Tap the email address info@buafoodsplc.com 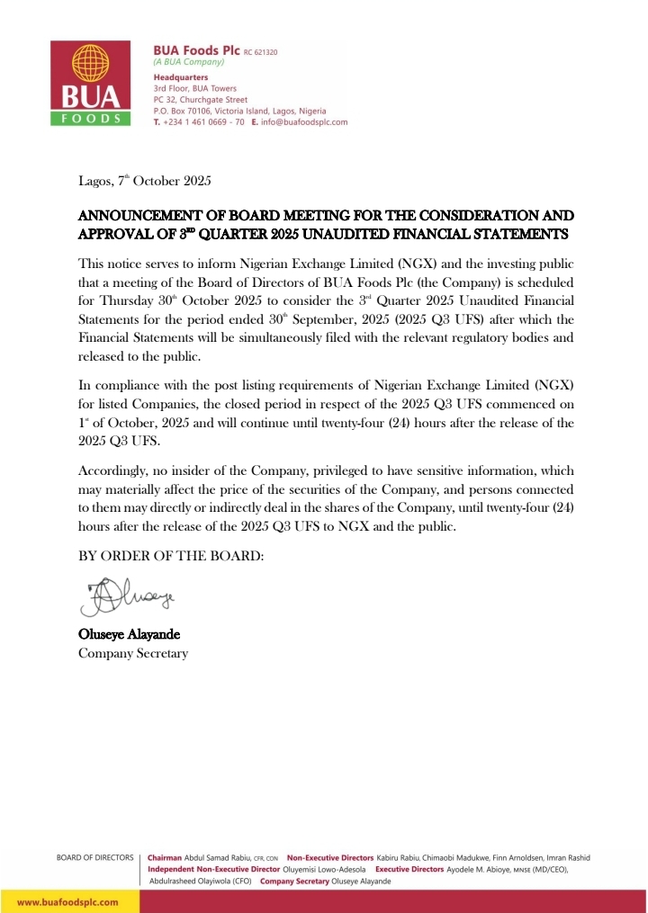[304, 121]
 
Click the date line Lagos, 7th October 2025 [145, 182]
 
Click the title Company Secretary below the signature [133, 653]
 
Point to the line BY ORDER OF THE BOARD [171, 556]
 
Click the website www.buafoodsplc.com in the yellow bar [68, 901]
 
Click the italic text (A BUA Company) [189, 63]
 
